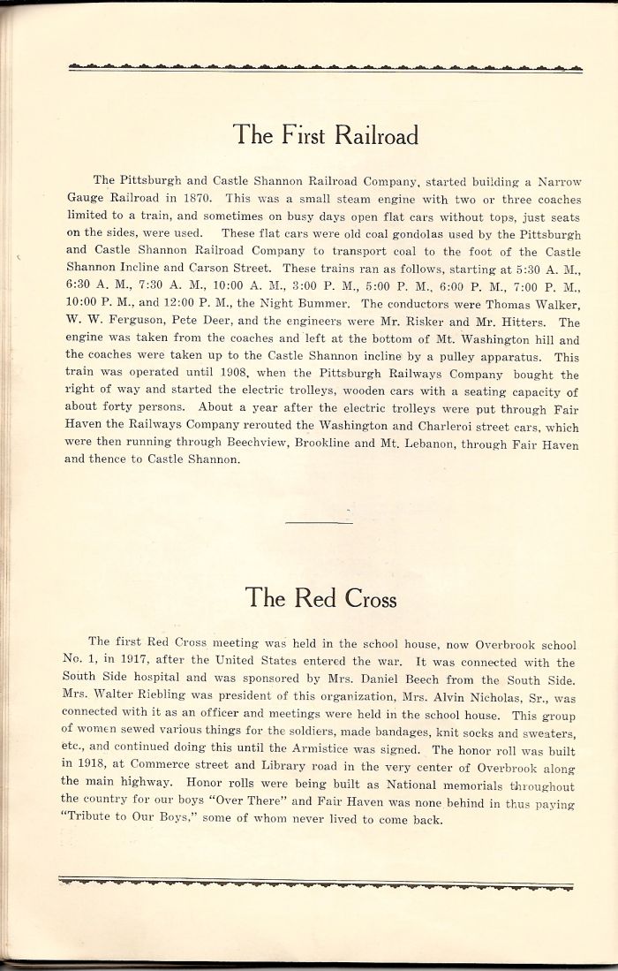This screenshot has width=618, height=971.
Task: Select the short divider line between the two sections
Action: coord(320,522)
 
